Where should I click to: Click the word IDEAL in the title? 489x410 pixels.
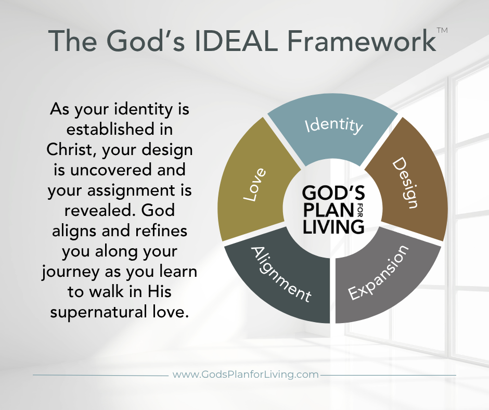[236, 41]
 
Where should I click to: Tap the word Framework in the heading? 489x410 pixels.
[362, 41]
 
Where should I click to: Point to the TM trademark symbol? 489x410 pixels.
[442, 30]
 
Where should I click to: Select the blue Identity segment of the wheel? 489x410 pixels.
[333, 131]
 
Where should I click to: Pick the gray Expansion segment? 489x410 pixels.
[383, 278]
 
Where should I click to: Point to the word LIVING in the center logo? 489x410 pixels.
[333, 226]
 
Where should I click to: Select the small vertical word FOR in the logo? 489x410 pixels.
[359, 210]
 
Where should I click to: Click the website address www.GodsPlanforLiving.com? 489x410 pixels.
[246, 375]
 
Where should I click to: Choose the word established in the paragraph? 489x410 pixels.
[110, 129]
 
